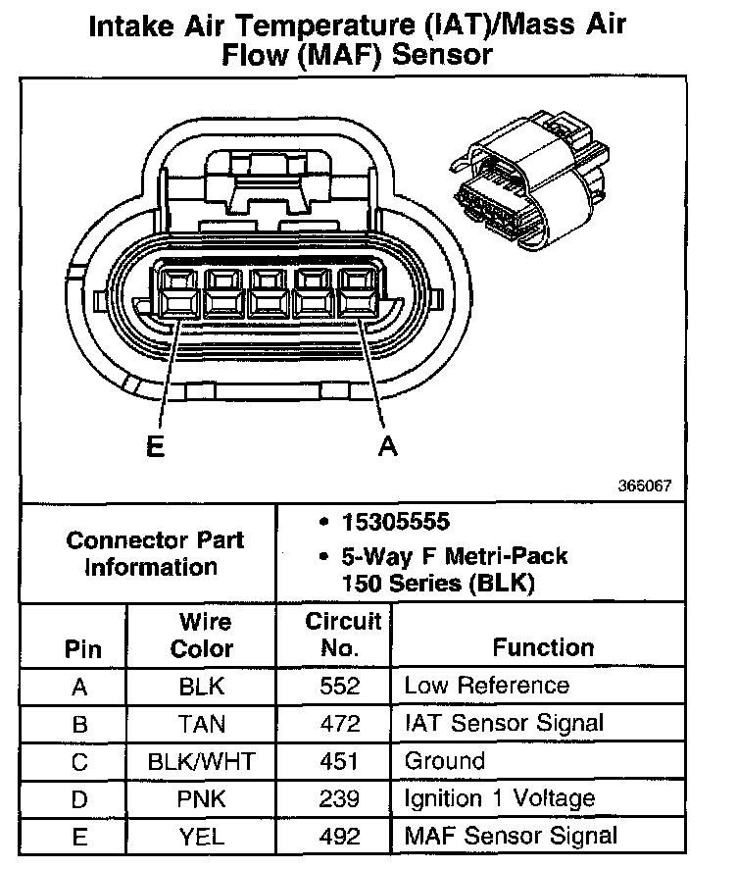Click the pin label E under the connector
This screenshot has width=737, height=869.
tap(154, 447)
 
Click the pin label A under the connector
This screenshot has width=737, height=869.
tap(388, 447)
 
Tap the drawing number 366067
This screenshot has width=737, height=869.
tap(645, 486)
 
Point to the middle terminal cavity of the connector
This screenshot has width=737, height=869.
tap(266, 293)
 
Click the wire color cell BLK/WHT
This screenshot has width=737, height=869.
tap(202, 761)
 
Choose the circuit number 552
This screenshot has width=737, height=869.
tap(340, 686)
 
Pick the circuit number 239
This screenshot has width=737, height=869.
tap(340, 798)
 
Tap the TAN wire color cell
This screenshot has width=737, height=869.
tap(202, 724)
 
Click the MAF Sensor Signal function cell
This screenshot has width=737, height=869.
tap(511, 836)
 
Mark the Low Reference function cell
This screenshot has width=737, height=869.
tap(486, 686)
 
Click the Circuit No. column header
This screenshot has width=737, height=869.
tap(342, 634)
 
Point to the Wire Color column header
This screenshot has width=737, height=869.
tap(202, 635)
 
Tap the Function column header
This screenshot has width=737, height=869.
tap(543, 647)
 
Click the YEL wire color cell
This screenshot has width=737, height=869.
tap(202, 836)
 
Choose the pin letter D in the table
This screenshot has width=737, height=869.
tap(80, 798)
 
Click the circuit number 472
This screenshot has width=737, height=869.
tap(340, 724)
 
